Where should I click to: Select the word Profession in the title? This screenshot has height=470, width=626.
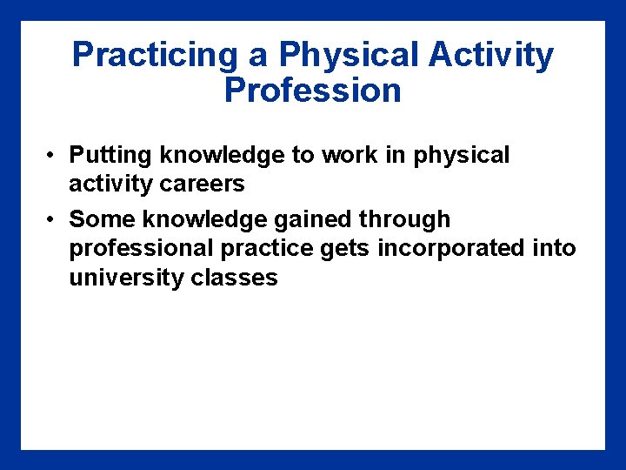(312, 91)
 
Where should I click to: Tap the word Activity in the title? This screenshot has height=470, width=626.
(490, 56)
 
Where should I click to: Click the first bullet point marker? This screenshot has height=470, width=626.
(53, 157)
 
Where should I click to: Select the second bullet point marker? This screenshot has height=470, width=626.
(53, 219)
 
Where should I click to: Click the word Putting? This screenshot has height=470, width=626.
(111, 156)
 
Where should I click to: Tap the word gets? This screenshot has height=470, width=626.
(347, 250)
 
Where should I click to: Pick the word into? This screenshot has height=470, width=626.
(554, 249)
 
